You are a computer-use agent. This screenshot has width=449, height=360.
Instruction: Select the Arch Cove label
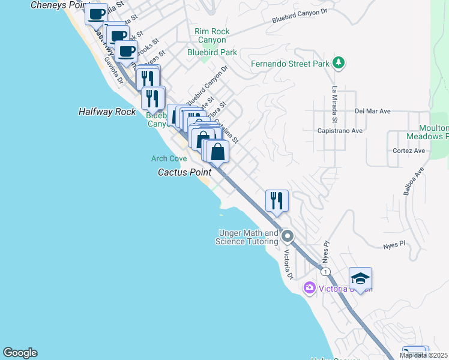[x=169, y=158]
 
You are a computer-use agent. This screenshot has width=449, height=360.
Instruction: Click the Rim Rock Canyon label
[x=212, y=35]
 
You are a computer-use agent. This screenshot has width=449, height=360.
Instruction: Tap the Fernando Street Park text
[x=291, y=62]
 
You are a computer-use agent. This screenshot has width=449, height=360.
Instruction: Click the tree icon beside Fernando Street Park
[x=339, y=62]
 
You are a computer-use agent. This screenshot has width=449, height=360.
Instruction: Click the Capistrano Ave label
[x=340, y=130]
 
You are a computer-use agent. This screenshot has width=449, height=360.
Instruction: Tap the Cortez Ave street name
[x=409, y=151]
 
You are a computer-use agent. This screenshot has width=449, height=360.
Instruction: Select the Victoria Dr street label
[x=288, y=265]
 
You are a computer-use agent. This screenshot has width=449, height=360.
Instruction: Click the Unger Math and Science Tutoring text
[x=247, y=237]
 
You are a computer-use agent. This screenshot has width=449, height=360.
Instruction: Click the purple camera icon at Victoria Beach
[x=310, y=288]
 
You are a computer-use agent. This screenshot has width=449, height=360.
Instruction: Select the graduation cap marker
[x=360, y=278]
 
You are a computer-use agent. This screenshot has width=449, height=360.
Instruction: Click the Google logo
[x=20, y=353]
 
